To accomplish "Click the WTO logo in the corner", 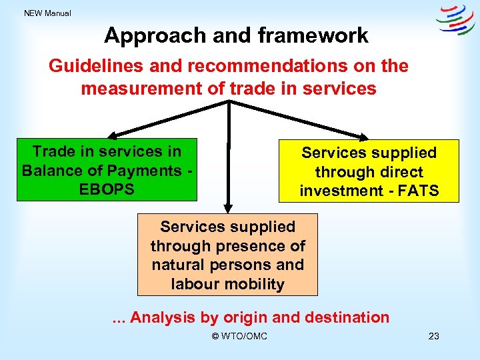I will [x=455, y=19].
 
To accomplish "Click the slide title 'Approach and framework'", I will [x=236, y=35].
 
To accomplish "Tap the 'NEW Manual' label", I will [x=47, y=13].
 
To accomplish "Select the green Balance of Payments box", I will [x=107, y=170].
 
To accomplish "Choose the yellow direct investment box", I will [x=369, y=171].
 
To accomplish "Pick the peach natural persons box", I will [x=227, y=255].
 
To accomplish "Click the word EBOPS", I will [x=107, y=189].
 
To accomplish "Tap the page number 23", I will [x=433, y=336].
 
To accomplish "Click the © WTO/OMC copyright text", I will [x=239, y=336].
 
